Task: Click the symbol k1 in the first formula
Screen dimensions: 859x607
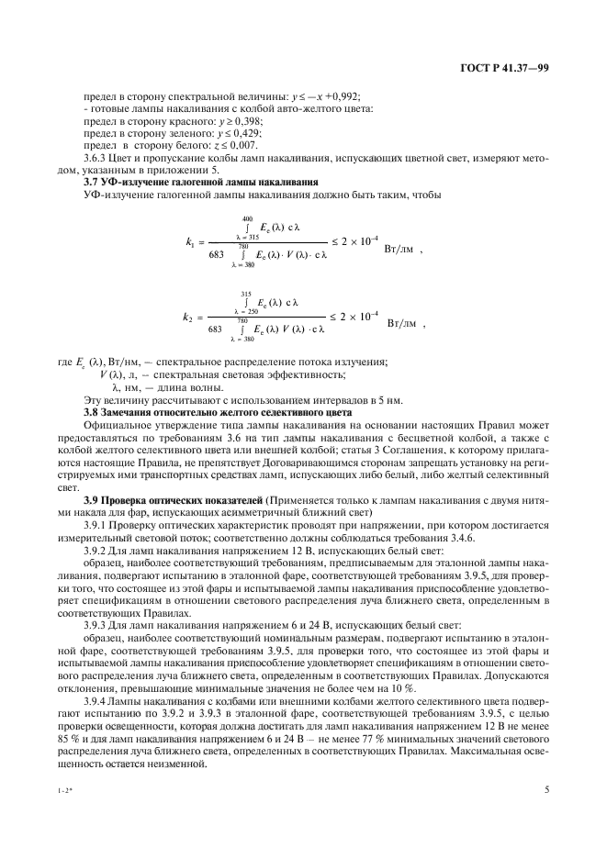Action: coord(190,243)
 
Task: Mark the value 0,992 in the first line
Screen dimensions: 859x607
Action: coord(343,97)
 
